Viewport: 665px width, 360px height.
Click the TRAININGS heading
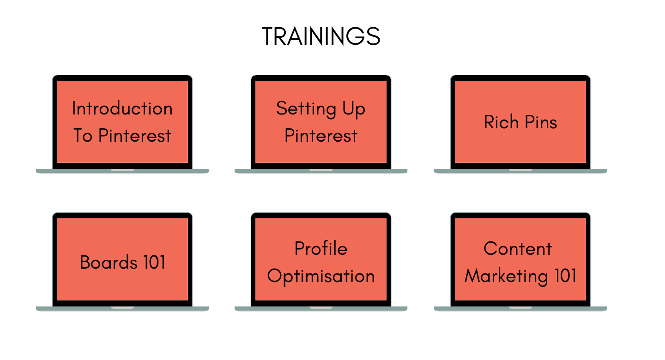pyautogui.click(x=320, y=36)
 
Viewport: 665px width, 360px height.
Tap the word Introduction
pyautogui.click(x=122, y=108)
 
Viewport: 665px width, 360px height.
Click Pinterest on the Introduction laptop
pyautogui.click(x=135, y=136)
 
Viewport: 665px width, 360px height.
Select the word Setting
pyautogui.click(x=306, y=109)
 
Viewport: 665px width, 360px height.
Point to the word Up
pyautogui.click(x=354, y=109)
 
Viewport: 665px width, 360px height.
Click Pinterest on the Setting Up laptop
pyautogui.click(x=321, y=136)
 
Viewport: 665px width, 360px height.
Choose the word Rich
pyautogui.click(x=501, y=122)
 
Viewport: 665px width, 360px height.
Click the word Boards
pyautogui.click(x=109, y=262)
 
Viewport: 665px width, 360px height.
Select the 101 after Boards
pyautogui.click(x=154, y=262)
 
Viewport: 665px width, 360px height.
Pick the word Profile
pyautogui.click(x=321, y=248)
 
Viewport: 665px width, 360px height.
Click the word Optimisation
pyautogui.click(x=321, y=276)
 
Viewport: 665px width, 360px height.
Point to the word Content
pyautogui.click(x=518, y=248)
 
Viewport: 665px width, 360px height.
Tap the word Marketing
pyautogui.click(x=506, y=276)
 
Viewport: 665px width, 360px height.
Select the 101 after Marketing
pyautogui.click(x=566, y=276)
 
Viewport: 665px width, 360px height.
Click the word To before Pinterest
pyautogui.click(x=83, y=136)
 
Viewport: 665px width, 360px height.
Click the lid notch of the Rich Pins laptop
pyautogui.click(x=520, y=170)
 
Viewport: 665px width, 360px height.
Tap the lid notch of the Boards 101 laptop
pyautogui.click(x=122, y=307)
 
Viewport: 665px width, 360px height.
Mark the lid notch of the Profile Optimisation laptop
pyautogui.click(x=321, y=307)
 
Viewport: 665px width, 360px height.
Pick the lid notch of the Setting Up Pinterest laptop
pyautogui.click(x=321, y=170)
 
